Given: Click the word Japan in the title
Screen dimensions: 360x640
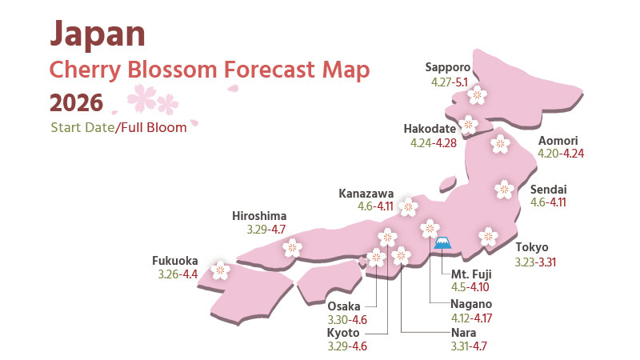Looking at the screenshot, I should [97, 33].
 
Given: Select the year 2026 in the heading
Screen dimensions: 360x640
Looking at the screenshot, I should [76, 102].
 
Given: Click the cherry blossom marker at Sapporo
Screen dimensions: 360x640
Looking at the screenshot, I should [477, 95].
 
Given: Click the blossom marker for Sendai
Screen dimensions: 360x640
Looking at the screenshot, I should [504, 190].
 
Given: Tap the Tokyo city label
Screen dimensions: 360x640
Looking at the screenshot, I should [532, 246].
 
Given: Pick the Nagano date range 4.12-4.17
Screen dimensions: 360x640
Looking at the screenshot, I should [472, 318].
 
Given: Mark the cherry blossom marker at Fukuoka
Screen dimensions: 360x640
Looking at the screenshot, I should [220, 270].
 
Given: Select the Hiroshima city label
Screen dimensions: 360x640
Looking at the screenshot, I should [258, 215].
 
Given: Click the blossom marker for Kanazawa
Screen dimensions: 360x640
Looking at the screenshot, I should [409, 207].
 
